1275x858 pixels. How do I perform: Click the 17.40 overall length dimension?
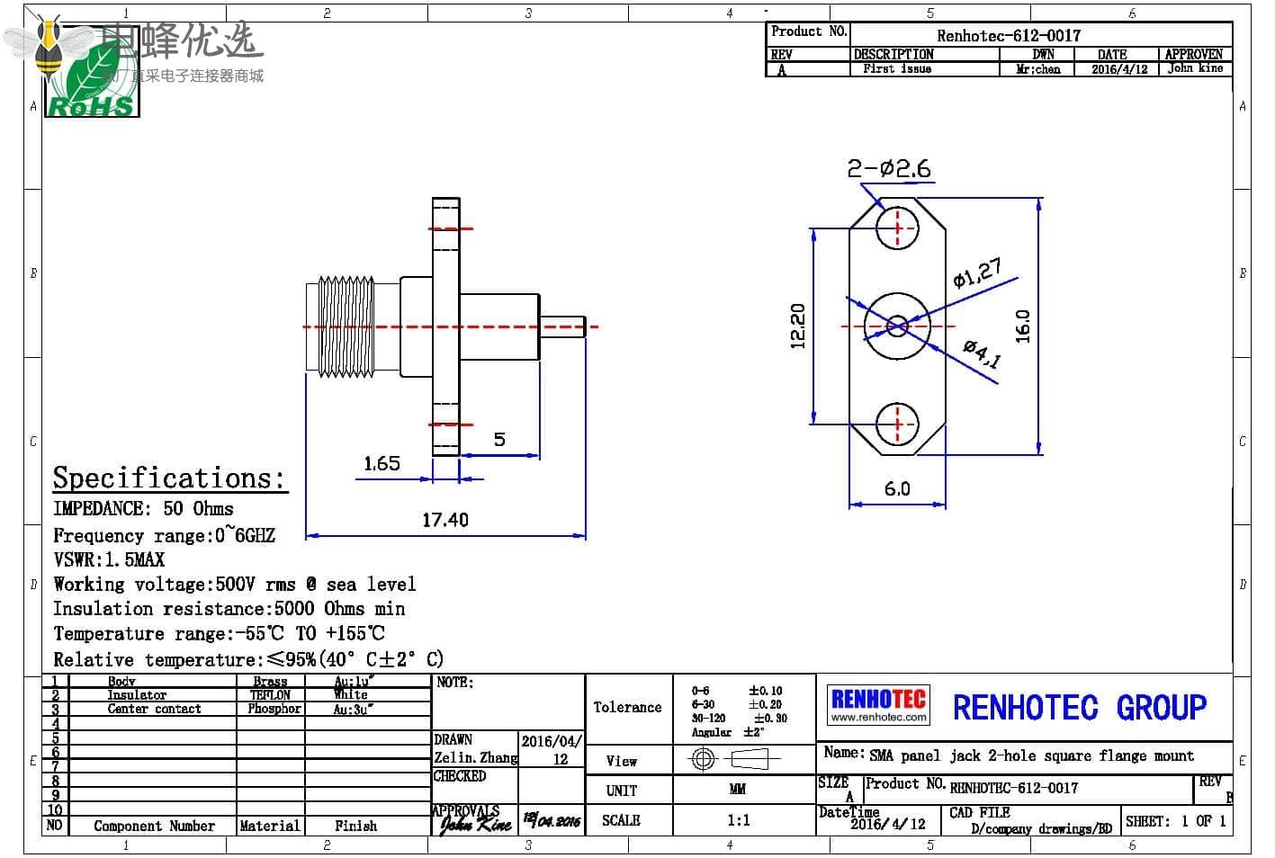[x=445, y=520]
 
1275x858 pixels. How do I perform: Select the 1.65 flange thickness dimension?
[x=382, y=463]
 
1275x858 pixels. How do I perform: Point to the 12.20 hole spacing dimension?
[x=798, y=326]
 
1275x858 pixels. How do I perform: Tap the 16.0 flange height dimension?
[x=1023, y=326]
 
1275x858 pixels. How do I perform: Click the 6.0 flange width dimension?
[x=897, y=488]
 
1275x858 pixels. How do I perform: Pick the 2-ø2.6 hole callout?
[x=888, y=168]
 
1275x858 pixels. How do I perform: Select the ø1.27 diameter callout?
[x=976, y=273]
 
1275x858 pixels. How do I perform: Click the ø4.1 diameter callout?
[x=982, y=353]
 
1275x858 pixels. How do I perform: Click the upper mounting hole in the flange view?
[x=897, y=228]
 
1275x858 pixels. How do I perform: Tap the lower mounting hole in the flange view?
[x=897, y=424]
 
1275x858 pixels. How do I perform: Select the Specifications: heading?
[x=168, y=478]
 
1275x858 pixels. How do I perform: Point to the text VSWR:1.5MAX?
[x=109, y=559]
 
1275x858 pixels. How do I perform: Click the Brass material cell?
[x=270, y=682]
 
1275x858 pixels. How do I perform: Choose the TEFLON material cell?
[x=270, y=695]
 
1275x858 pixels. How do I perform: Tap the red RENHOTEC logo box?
[x=878, y=704]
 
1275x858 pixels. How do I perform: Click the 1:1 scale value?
[x=738, y=820]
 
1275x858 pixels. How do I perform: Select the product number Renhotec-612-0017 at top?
[x=1008, y=36]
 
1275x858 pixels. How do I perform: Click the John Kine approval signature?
[x=474, y=823]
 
